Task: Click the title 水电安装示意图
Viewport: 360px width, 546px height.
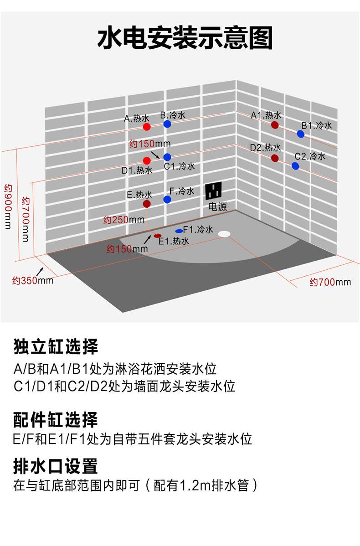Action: click(185, 38)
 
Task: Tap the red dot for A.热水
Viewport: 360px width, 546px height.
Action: click(146, 126)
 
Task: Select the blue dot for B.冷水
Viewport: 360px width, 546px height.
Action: click(167, 124)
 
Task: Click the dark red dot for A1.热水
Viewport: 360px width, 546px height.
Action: click(275, 124)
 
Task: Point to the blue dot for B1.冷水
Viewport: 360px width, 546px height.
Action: click(300, 134)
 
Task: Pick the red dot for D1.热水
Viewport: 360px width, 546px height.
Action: click(146, 160)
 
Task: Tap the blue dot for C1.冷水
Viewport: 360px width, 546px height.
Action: click(167, 157)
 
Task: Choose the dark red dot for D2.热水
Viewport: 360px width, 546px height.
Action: click(275, 158)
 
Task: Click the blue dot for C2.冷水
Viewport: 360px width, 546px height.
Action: click(295, 166)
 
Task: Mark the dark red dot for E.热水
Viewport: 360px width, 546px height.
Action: click(146, 204)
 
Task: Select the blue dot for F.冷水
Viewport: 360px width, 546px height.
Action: click(167, 199)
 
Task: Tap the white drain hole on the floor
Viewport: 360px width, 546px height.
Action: click(224, 234)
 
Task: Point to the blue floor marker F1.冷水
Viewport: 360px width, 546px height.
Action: click(179, 231)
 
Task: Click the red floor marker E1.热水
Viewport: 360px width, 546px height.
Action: click(158, 236)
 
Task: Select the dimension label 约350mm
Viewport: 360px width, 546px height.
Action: click(32, 280)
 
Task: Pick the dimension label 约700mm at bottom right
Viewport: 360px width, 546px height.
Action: click(330, 282)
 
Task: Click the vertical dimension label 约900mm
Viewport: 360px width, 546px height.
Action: click(8, 206)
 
